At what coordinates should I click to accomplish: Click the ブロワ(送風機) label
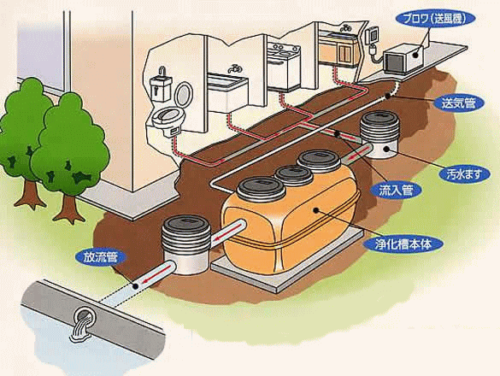pyautogui.click(x=435, y=19)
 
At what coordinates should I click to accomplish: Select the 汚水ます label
pyautogui.click(x=464, y=174)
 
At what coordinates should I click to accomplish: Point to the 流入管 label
pyautogui.click(x=396, y=190)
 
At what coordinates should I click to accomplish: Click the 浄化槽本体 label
pyautogui.click(x=403, y=244)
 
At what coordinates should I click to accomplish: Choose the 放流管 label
pyautogui.click(x=101, y=258)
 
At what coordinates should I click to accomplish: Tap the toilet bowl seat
pyautogui.click(x=166, y=115)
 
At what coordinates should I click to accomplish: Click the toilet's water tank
pyautogui.click(x=161, y=88)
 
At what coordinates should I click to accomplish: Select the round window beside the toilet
pyautogui.click(x=184, y=94)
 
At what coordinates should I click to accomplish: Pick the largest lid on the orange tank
pyautogui.click(x=261, y=189)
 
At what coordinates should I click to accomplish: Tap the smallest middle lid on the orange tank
pyautogui.click(x=293, y=175)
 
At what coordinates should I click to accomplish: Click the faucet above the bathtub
pyautogui.click(x=234, y=69)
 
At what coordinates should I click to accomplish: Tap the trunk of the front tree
pyautogui.click(x=68, y=208)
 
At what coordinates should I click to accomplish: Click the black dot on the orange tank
pyautogui.click(x=316, y=210)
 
